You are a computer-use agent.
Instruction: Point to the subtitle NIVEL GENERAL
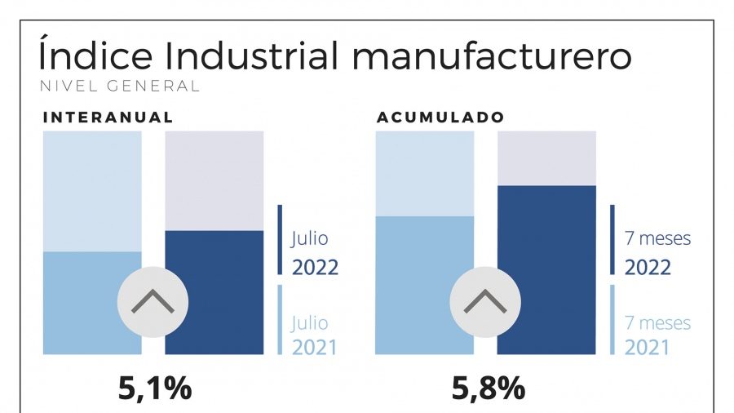tap(118, 86)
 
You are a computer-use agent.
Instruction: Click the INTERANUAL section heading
tap(108, 118)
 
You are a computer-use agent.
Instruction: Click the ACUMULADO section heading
tap(440, 118)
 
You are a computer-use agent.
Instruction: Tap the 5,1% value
tap(155, 389)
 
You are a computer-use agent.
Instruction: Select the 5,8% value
tap(489, 389)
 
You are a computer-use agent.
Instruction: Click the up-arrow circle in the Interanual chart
tap(153, 302)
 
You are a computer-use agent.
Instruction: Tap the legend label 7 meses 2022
tap(657, 253)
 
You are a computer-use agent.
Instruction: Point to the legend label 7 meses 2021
tap(657, 335)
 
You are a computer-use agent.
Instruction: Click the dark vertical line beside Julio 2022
tap(280, 240)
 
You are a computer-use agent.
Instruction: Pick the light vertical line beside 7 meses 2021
tap(612, 319)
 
